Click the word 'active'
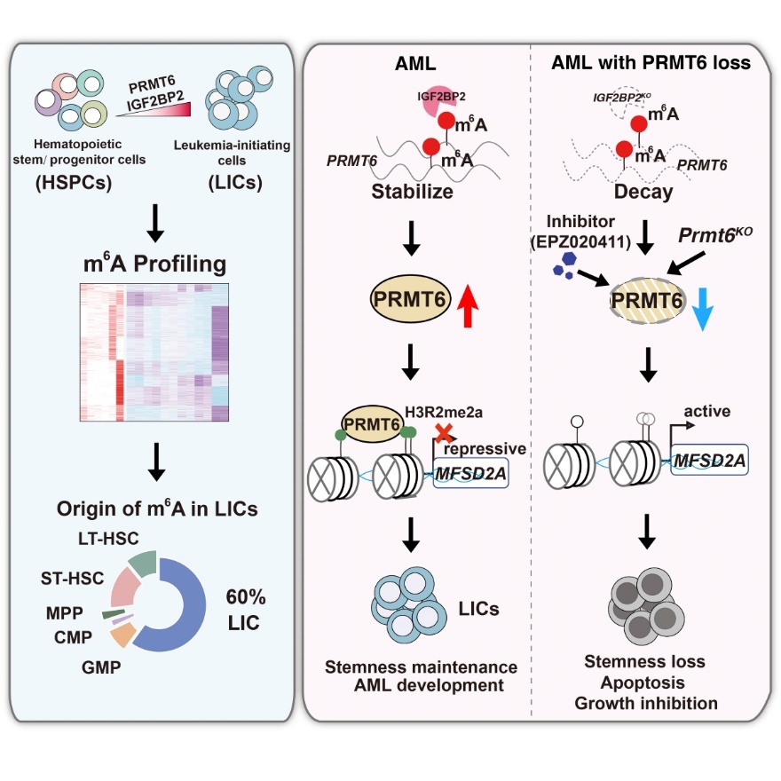pyautogui.click(x=708, y=411)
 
